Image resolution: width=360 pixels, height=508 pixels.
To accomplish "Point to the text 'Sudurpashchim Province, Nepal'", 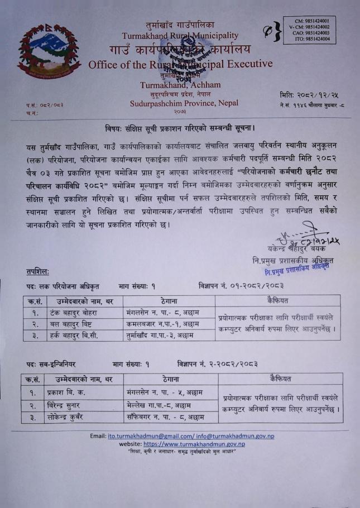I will [x=184, y=103].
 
